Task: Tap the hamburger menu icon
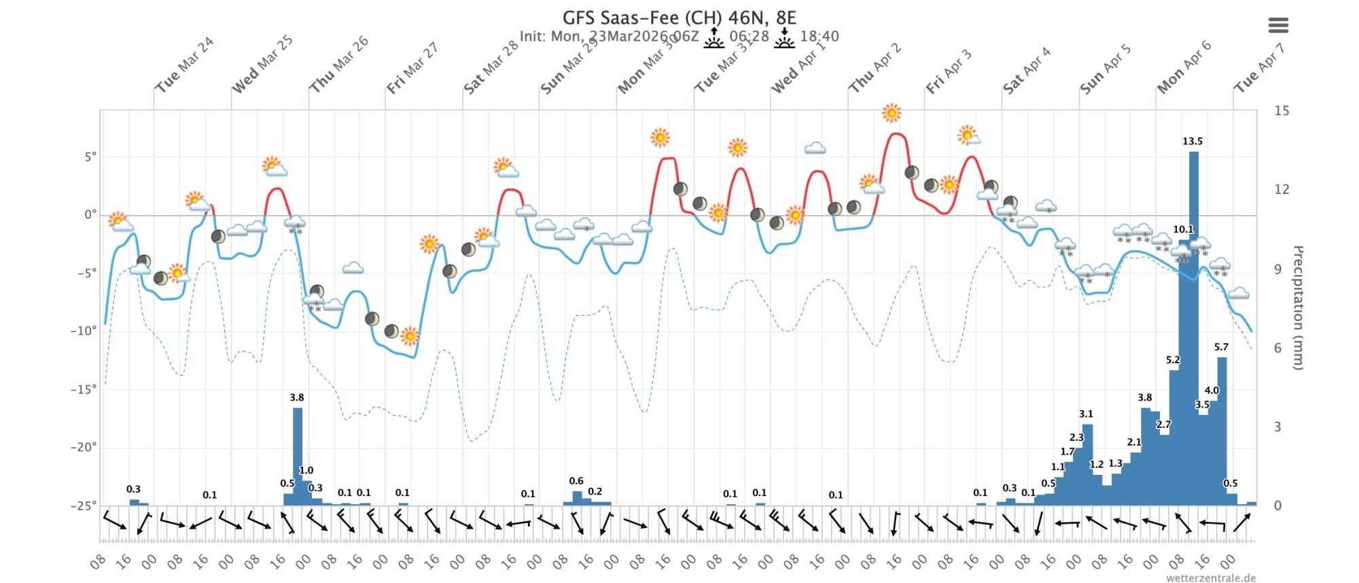pos(1277,26)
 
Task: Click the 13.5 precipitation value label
pos(1192,141)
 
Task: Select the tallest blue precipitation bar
pos(1193,327)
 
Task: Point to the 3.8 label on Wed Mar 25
pos(296,397)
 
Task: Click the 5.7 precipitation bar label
pos(1221,347)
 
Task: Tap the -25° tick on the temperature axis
pos(83,505)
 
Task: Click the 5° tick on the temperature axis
pos(90,157)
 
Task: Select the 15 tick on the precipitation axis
pos(1281,111)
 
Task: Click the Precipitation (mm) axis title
pos(1297,307)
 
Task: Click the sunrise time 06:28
pos(749,36)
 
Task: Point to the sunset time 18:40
pos(819,36)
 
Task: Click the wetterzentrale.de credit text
pos(1210,578)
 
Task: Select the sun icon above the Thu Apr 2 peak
pos(891,113)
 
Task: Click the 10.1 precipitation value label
pos(1182,229)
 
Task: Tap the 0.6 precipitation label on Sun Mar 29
pos(576,481)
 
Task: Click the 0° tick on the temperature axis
pos(90,215)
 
